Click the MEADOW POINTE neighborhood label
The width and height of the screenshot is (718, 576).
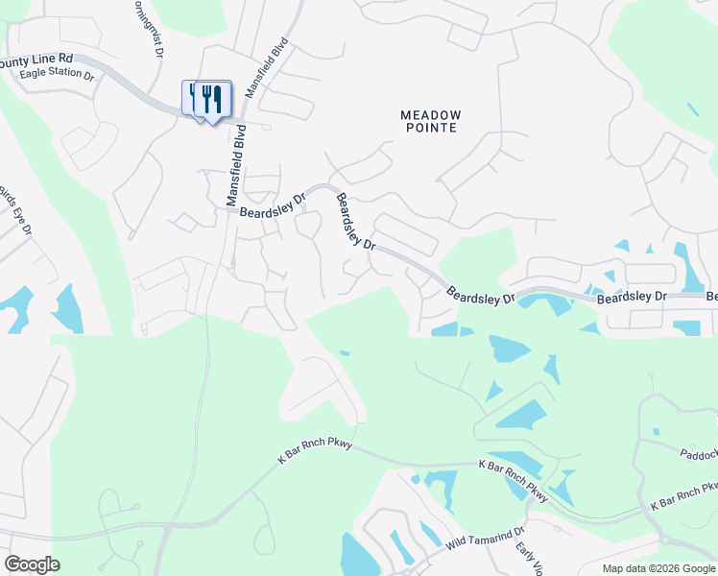pos(430,121)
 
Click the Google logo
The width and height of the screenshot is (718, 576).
pos(32,564)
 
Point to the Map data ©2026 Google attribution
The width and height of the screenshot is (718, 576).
pos(659,568)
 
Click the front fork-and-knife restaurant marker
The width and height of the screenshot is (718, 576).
pos(213,100)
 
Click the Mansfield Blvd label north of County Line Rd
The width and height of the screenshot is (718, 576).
pos(268,67)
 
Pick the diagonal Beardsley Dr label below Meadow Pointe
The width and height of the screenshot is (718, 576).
pos(355,222)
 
